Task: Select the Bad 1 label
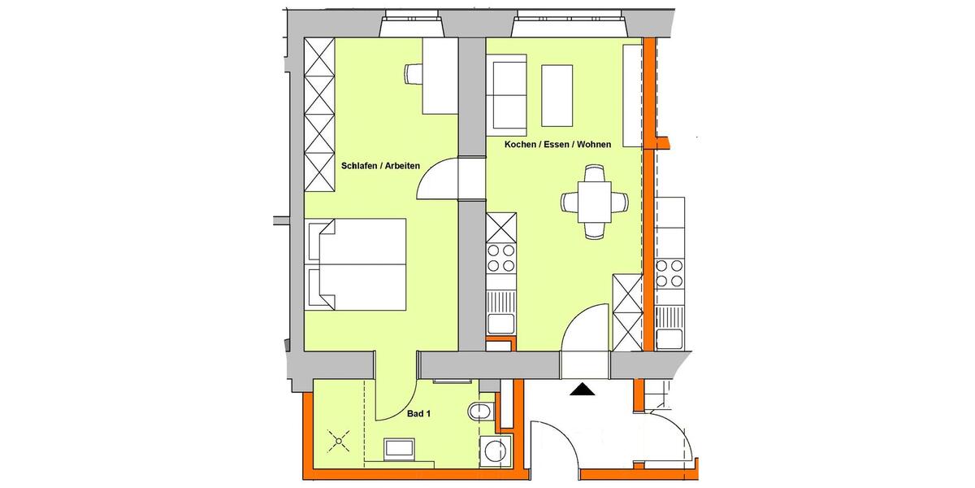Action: tap(418, 414)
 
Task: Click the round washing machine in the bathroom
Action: tap(496, 450)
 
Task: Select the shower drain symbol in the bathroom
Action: tap(337, 442)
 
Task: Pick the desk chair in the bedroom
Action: tap(412, 74)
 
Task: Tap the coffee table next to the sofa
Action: tap(557, 94)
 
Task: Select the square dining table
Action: tap(595, 202)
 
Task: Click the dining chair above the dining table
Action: tap(595, 173)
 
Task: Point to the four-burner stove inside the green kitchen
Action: tap(500, 258)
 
